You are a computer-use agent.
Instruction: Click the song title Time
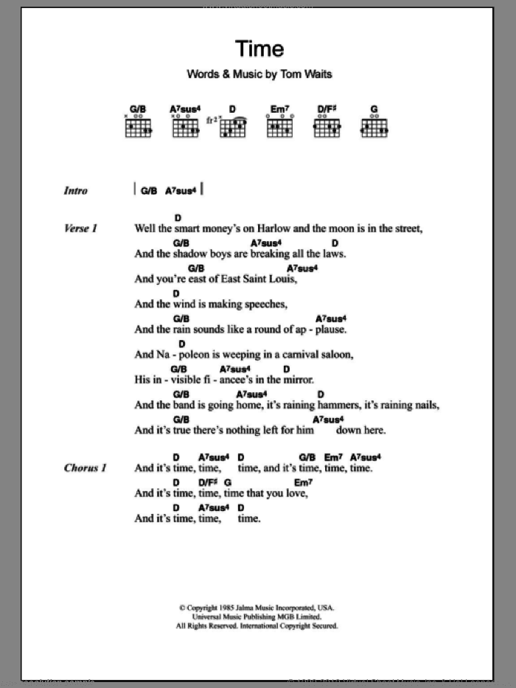[259, 49]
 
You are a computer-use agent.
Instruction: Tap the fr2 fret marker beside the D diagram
[212, 120]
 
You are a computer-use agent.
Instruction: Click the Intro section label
[75, 191]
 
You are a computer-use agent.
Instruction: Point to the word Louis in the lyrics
[281, 279]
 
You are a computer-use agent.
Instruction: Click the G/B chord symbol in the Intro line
[148, 190]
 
